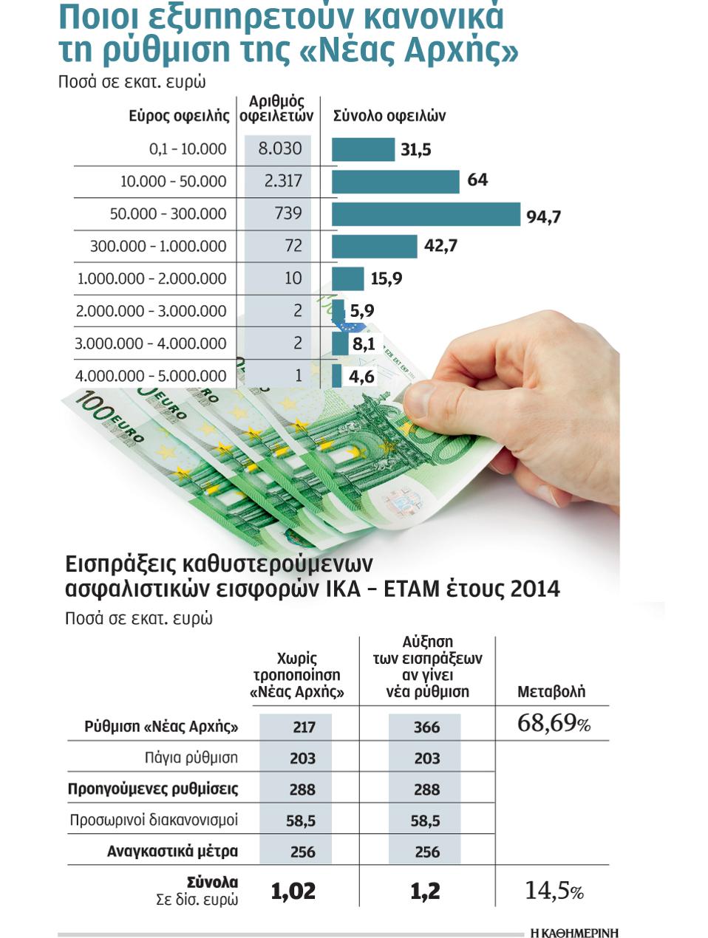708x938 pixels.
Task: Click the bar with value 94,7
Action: [x=426, y=214]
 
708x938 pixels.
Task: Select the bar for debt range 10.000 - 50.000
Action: [x=395, y=182]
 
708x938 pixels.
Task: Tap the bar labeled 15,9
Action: [x=347, y=278]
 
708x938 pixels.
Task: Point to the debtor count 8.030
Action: [x=279, y=148]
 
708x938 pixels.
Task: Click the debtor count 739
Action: [x=287, y=213]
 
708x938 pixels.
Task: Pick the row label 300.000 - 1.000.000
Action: [x=158, y=246]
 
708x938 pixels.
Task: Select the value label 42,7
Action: [x=440, y=246]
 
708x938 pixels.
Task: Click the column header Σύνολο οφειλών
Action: [x=389, y=116]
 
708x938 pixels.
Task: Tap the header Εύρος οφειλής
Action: [x=179, y=116]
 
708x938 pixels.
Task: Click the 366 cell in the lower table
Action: [x=426, y=727]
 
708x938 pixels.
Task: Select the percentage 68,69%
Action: [x=554, y=723]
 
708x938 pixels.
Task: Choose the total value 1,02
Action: [x=293, y=891]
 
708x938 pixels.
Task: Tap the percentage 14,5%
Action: [x=554, y=891]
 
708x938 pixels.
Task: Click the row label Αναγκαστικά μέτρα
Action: [x=172, y=852]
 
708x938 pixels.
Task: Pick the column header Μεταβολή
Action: [x=551, y=691]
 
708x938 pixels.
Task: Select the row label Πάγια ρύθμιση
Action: [x=191, y=758]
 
